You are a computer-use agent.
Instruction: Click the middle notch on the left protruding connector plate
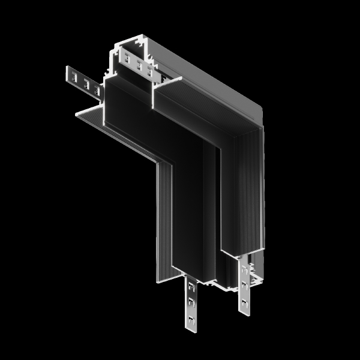click(x=86, y=84)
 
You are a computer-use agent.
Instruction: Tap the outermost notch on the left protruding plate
click(x=74, y=77)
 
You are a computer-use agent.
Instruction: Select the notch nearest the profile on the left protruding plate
click(x=96, y=89)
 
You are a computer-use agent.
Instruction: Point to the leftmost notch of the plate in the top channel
click(x=127, y=59)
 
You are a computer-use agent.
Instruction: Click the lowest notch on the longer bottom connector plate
click(x=191, y=317)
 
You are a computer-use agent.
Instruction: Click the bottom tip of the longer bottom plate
click(x=191, y=328)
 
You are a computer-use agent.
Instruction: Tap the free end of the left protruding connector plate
click(x=67, y=74)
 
